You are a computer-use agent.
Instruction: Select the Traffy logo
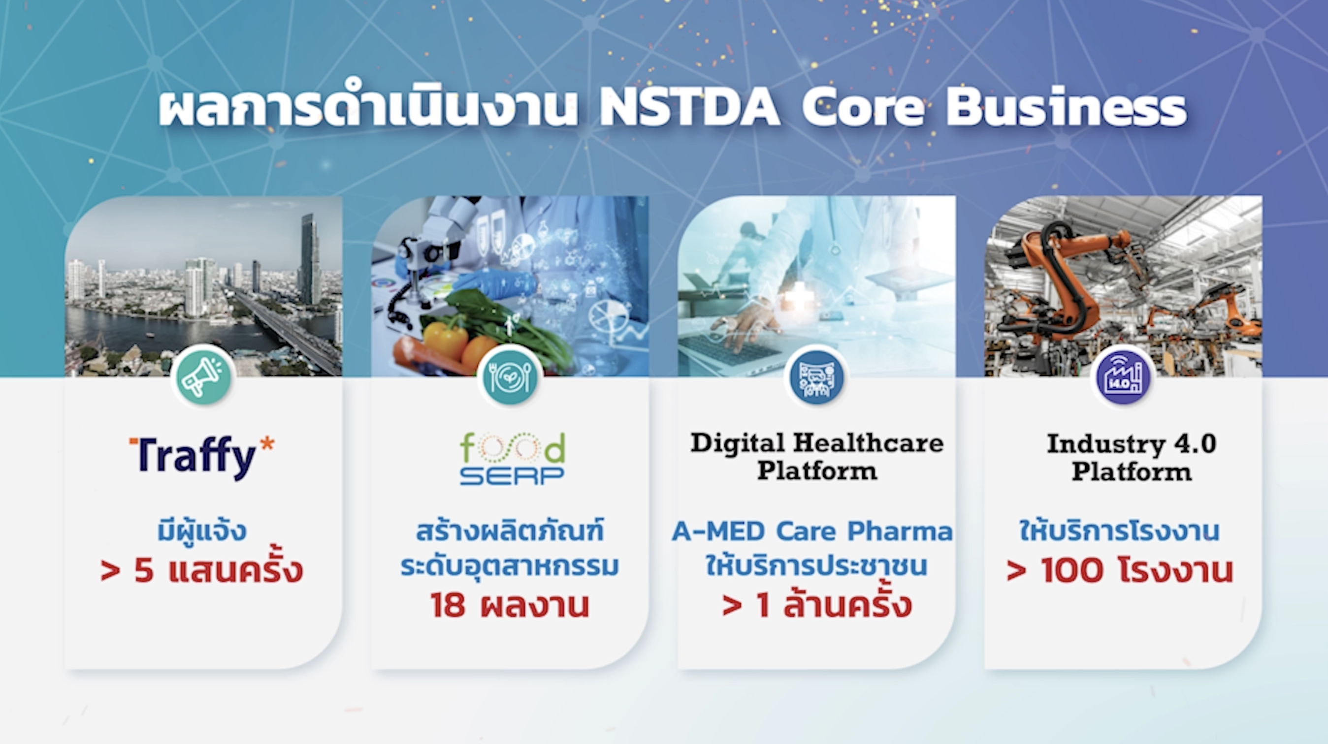tap(201, 458)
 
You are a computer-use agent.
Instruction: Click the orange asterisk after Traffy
tap(266, 444)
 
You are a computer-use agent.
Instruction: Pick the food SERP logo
tap(513, 458)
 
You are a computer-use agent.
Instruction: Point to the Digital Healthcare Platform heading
tap(817, 456)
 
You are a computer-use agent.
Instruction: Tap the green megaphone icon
tap(204, 376)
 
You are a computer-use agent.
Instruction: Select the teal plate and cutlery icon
tap(510, 376)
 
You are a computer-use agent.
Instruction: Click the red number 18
tap(448, 605)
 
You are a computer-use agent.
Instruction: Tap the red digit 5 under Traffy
tap(144, 571)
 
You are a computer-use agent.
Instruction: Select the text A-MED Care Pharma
tap(812, 531)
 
